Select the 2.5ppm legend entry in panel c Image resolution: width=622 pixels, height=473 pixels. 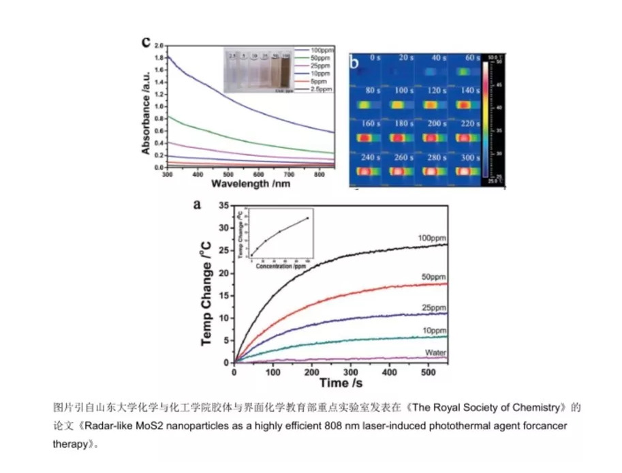point(320,89)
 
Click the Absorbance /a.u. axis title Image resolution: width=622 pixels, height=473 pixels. point(146,108)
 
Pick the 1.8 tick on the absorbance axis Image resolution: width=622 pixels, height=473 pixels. point(159,58)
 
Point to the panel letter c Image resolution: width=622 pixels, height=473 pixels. point(145,41)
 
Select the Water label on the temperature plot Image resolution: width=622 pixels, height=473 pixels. point(435,352)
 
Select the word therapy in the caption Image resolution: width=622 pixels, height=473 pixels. point(71,442)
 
